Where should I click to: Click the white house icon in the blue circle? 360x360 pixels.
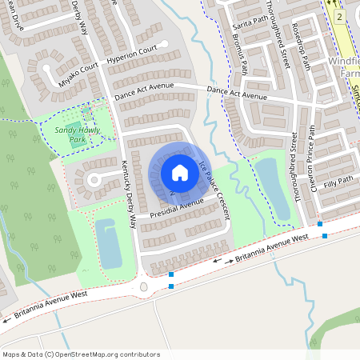(x=179, y=173)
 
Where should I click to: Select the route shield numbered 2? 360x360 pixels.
(x=340, y=17)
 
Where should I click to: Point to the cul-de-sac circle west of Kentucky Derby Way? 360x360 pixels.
(x=92, y=180)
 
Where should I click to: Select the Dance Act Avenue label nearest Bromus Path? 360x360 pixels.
(x=237, y=96)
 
